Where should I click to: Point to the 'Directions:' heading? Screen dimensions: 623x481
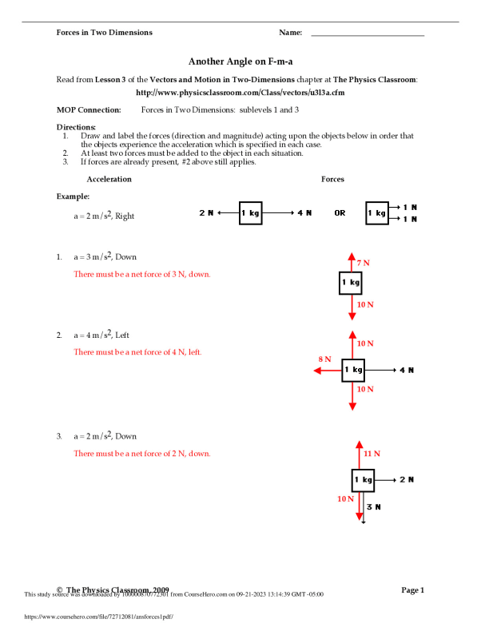(x=76, y=127)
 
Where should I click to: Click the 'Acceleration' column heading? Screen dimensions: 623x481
(x=109, y=179)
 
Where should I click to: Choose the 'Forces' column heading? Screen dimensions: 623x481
(x=332, y=179)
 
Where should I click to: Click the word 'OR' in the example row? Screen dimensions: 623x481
(x=340, y=213)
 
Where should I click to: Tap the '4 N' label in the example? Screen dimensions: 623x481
(x=304, y=213)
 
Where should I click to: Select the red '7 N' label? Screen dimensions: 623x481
(x=364, y=263)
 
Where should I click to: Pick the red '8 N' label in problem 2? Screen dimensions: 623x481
(x=325, y=359)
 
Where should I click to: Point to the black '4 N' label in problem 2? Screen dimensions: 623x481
(x=407, y=370)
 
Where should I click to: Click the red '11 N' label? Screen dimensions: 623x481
(x=372, y=453)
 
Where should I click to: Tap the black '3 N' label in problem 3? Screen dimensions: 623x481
(x=373, y=506)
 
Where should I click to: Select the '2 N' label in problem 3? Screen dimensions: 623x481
(x=407, y=479)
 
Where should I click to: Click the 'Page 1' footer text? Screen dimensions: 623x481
(x=412, y=589)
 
